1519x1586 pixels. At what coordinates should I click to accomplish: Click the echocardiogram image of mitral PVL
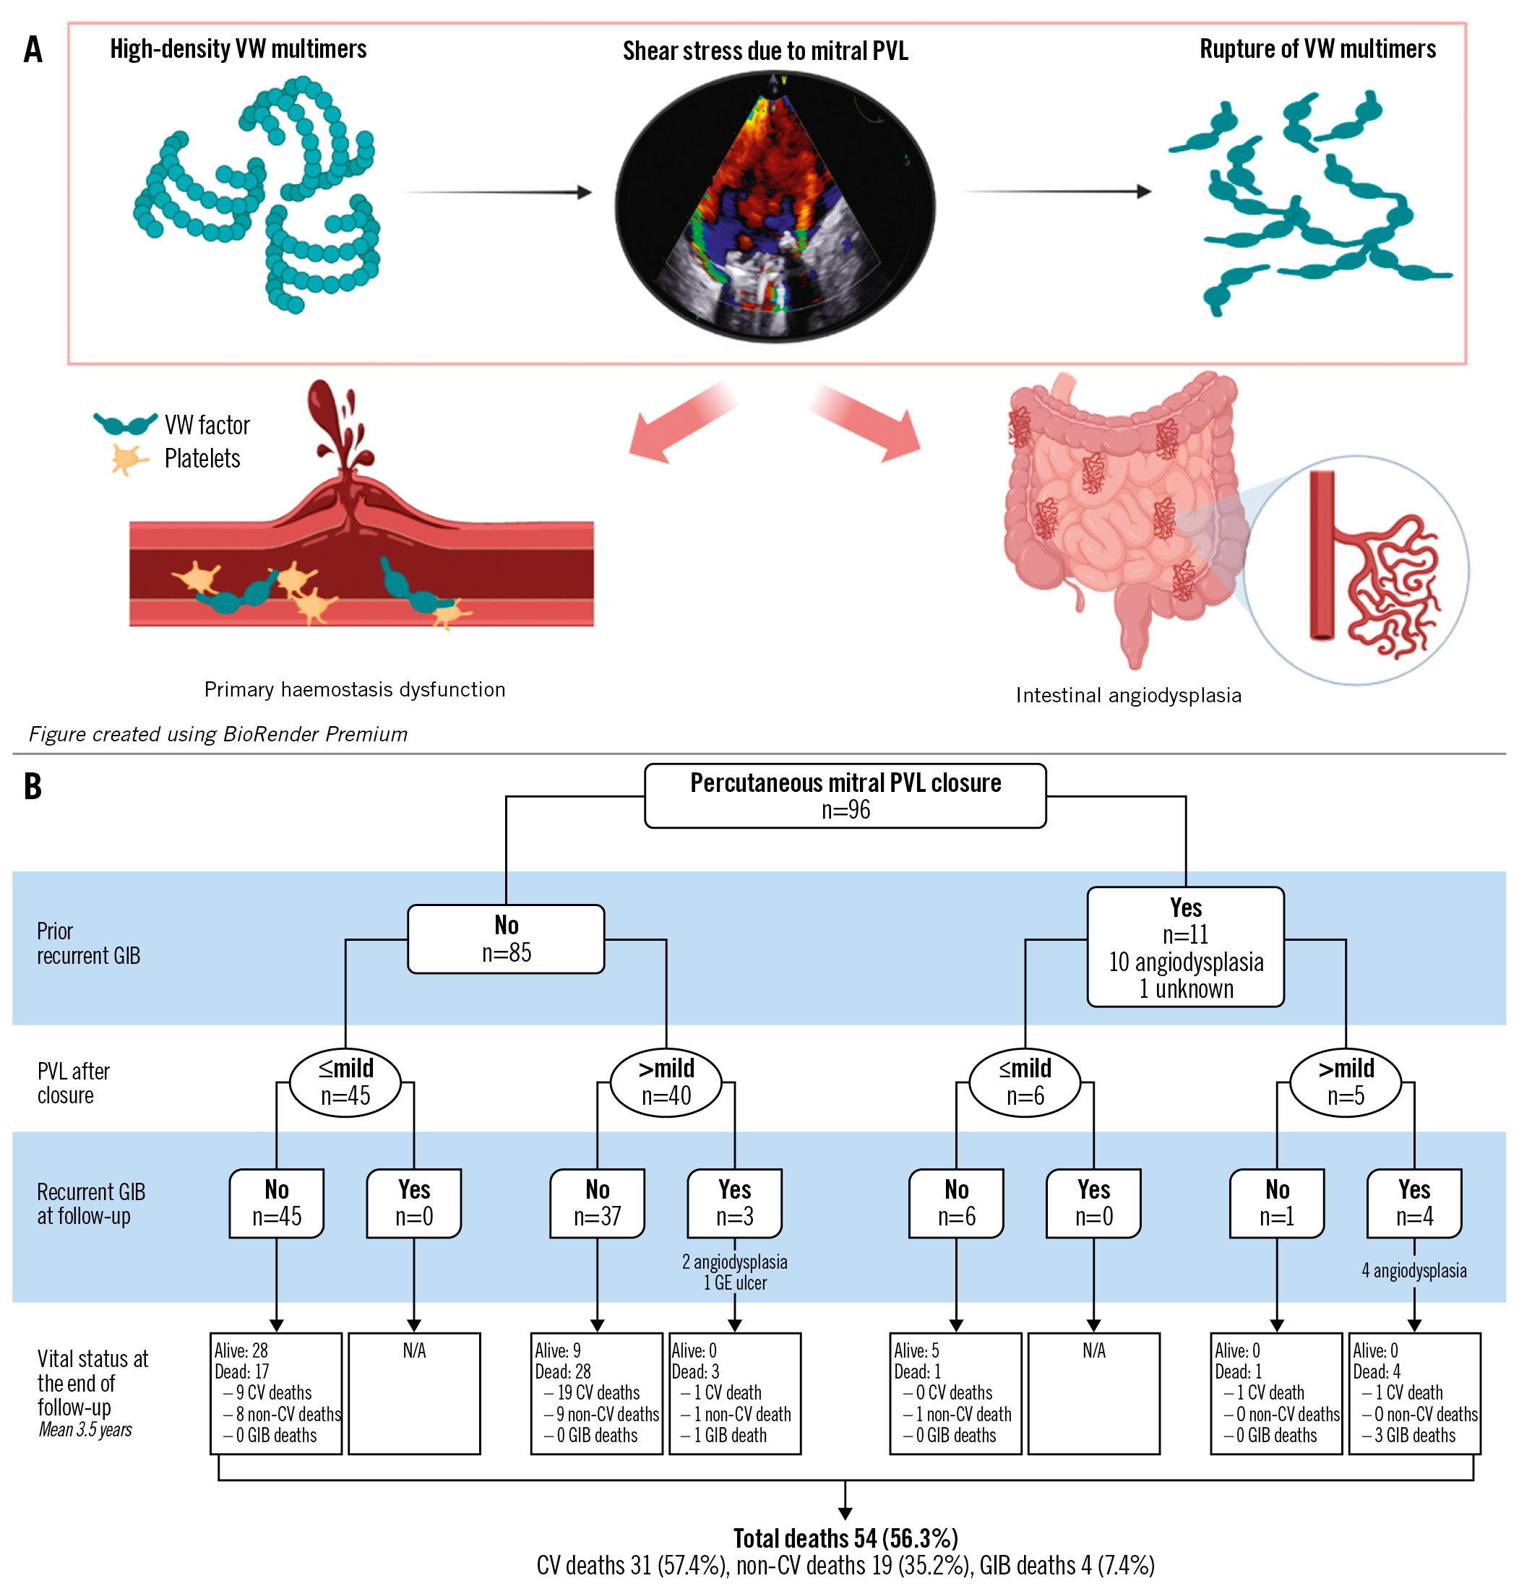(x=775, y=207)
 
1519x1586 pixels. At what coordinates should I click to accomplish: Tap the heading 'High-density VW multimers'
(x=238, y=49)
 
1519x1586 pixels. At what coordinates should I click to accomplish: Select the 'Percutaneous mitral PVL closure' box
(x=845, y=795)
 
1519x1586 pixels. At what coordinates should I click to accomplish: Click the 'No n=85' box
(x=506, y=938)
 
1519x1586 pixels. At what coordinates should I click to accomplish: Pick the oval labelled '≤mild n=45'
(x=345, y=1081)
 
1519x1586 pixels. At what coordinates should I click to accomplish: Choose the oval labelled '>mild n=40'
(x=666, y=1081)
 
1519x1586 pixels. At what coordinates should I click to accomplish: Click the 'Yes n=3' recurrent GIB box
(x=734, y=1202)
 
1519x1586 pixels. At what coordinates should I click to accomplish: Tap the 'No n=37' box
(x=597, y=1202)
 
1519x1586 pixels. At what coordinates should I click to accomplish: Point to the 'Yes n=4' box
(x=1413, y=1202)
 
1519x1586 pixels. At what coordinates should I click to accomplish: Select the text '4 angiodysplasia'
(x=1413, y=1270)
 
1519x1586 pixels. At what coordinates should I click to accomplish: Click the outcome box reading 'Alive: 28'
(x=276, y=1392)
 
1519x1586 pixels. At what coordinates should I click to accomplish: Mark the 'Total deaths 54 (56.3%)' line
(x=845, y=1538)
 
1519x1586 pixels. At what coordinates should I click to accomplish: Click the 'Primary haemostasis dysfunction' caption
(x=355, y=689)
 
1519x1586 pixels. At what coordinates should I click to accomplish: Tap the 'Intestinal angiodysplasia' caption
(x=1128, y=695)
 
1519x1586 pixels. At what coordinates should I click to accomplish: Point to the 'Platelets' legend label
(x=202, y=459)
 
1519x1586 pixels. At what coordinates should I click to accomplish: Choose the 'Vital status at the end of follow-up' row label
(x=92, y=1384)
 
